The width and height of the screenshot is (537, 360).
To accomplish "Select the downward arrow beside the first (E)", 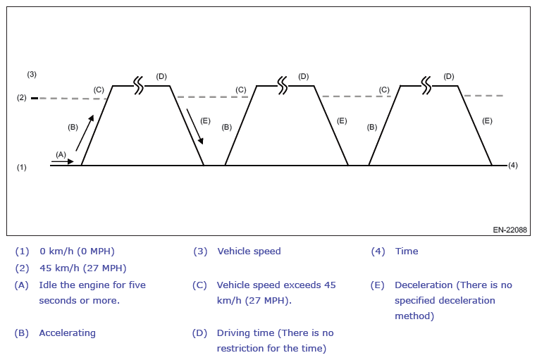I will click(x=195, y=126).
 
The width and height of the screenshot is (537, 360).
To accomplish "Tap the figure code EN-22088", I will click(x=510, y=230).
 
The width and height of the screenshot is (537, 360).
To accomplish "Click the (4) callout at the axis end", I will click(x=512, y=166).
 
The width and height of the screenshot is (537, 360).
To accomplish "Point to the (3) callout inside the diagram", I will click(x=32, y=74).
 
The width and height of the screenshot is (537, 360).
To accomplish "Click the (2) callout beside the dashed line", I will click(x=22, y=98).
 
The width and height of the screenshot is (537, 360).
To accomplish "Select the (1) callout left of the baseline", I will click(x=22, y=167).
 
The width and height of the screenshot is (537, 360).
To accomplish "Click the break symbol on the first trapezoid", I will click(x=139, y=85).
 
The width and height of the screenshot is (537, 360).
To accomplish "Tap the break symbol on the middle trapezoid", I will click(x=283, y=85).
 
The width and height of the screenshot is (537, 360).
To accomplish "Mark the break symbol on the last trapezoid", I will click(x=426, y=85).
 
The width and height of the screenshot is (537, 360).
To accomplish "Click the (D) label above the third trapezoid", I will click(x=449, y=76).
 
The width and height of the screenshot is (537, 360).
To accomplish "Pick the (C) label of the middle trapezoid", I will click(x=241, y=89).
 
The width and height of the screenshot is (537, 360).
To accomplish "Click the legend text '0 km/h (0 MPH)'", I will click(x=77, y=252).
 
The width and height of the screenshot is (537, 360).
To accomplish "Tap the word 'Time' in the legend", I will click(x=407, y=252).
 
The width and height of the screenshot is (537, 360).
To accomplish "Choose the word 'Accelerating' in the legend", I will click(x=67, y=333).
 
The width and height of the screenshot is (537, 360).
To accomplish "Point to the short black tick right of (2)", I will click(x=35, y=98).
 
